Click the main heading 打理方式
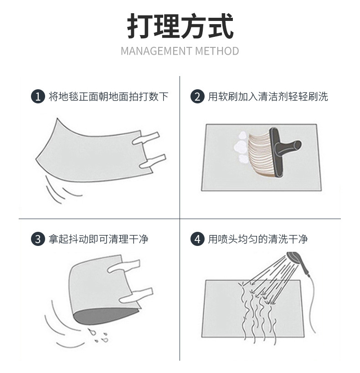[x=180, y=26]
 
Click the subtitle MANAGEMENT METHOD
[x=180, y=51]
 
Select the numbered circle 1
[x=38, y=97]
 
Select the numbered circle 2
[x=197, y=97]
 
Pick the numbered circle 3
[x=38, y=239]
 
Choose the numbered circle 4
[x=197, y=239]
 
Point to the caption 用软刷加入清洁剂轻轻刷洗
[x=268, y=97]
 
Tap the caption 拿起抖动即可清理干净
[x=98, y=239]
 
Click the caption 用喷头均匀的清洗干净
[x=258, y=239]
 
